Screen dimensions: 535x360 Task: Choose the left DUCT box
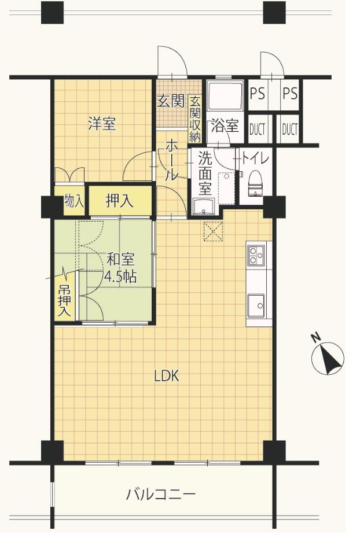(258, 129)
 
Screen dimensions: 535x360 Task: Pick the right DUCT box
(289, 129)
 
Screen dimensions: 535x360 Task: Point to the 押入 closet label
(120, 201)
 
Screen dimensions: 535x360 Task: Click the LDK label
(167, 377)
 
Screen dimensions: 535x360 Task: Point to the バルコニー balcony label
(161, 495)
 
